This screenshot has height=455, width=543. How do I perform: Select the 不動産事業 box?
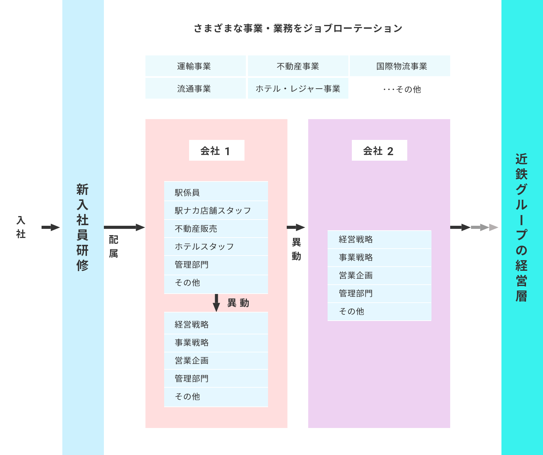[x=298, y=66]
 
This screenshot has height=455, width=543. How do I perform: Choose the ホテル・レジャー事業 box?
[x=298, y=89]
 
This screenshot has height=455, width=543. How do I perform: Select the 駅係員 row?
[x=216, y=192]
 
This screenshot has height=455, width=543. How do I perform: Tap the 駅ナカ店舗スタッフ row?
[x=216, y=211]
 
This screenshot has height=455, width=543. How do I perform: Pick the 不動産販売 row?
[x=216, y=229]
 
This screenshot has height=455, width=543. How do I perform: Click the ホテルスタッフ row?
[x=216, y=247]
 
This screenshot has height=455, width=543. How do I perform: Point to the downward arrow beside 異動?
[x=216, y=303]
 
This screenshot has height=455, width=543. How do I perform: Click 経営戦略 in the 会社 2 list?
[x=379, y=239]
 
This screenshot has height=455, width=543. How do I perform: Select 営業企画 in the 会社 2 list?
[x=379, y=275]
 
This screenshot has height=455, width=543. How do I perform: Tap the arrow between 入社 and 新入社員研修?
[x=51, y=227]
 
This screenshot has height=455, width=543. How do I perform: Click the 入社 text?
[x=21, y=227]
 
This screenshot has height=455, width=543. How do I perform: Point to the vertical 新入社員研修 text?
[x=82, y=227]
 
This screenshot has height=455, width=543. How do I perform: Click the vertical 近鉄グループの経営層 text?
[x=521, y=227]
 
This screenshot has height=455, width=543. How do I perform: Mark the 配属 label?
[x=114, y=246]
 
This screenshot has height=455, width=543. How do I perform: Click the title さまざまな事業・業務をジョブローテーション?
[x=298, y=28]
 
